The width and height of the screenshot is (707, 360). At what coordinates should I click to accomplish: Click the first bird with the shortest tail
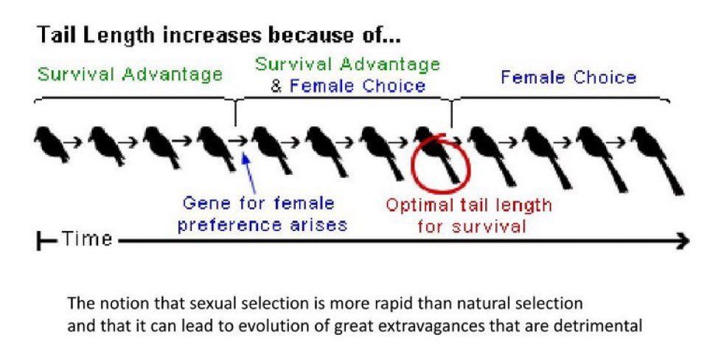(52, 144)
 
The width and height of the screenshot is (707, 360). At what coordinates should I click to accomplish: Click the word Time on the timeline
(86, 238)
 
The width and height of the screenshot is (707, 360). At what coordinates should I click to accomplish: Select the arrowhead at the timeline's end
(683, 241)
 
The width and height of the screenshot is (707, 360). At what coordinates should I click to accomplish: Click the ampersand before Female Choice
(276, 86)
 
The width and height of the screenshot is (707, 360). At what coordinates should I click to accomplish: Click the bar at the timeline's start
(38, 242)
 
